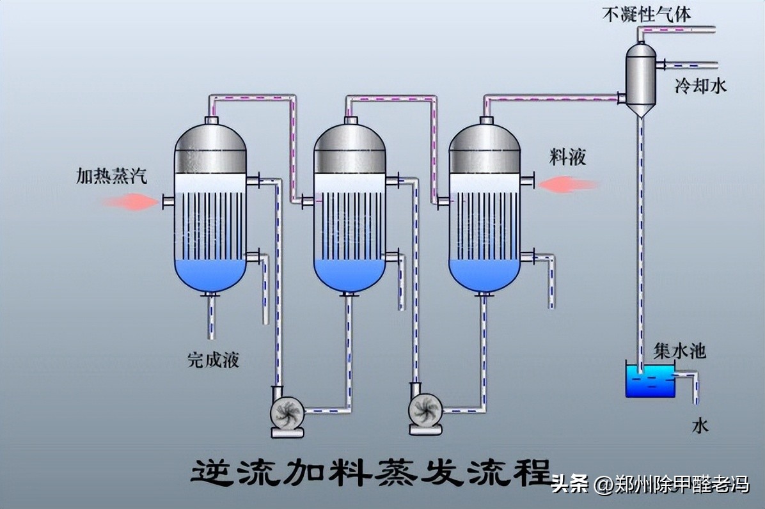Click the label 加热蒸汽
pyautogui.click(x=111, y=176)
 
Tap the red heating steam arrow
pyautogui.click(x=131, y=202)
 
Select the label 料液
pyautogui.click(x=567, y=157)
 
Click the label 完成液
pyautogui.click(x=213, y=359)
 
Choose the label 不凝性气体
pyautogui.click(x=647, y=13)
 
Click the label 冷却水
pyautogui.click(x=701, y=86)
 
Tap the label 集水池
pyautogui.click(x=679, y=350)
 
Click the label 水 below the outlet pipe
pyautogui.click(x=701, y=426)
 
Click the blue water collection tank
pyautogui.click(x=650, y=381)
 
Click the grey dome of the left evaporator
pyautogui.click(x=210, y=148)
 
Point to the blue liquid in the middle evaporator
pyautogui.click(x=349, y=275)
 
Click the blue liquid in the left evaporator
pyautogui.click(x=210, y=275)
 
